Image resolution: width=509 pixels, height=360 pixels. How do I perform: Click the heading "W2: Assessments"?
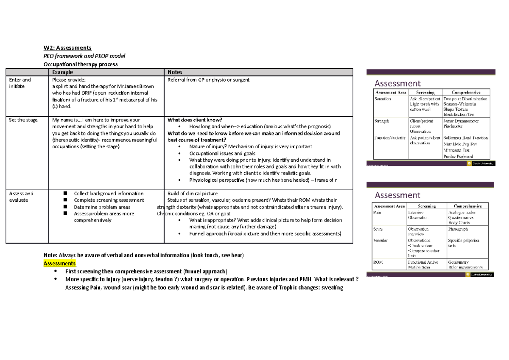pos(67,48)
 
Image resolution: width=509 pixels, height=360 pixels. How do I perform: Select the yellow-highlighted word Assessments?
pos(59,263)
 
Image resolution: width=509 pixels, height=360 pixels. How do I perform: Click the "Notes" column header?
pos(176,72)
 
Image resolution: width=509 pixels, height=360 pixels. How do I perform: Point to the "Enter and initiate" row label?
pos(20,83)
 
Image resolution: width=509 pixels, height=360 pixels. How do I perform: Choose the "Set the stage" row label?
pos(23,120)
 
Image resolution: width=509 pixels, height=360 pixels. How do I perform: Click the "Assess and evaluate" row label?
pos(21,197)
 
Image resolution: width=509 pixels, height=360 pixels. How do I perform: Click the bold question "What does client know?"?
pos(195,120)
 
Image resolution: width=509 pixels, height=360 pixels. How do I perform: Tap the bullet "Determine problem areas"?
pos(102,207)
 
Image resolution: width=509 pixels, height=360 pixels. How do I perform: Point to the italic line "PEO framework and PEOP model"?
pos(84,56)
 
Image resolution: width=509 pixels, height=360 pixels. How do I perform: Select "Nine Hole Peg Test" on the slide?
pos(460,144)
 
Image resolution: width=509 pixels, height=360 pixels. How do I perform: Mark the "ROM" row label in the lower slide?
pos(378,262)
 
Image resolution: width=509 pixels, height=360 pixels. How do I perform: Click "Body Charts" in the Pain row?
pos(460,222)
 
